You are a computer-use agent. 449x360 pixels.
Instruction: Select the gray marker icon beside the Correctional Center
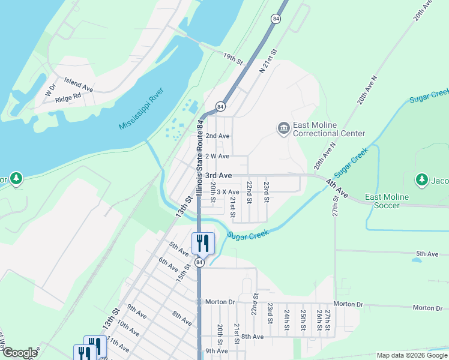pos(283,128)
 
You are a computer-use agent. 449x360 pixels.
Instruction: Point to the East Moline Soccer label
pos(387,201)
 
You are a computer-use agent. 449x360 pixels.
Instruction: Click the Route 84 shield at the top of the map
pos(276,19)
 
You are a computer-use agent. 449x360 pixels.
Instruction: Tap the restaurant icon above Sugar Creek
pos(203,242)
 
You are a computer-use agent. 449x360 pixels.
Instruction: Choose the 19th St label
pos(232,59)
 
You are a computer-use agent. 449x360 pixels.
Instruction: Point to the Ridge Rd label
pos(68,97)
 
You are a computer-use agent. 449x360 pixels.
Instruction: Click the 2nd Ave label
pos(217,136)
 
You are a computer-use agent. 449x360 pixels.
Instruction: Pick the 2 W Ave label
pos(217,156)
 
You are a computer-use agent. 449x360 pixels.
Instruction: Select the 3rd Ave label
pos(218,175)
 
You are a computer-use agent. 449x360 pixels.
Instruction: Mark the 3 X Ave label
pos(228,192)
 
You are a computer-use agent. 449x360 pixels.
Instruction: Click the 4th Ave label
pos(337,188)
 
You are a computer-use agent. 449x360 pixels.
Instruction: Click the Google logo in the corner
pos(20,353)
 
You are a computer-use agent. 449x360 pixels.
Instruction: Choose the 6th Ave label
pos(169,264)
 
